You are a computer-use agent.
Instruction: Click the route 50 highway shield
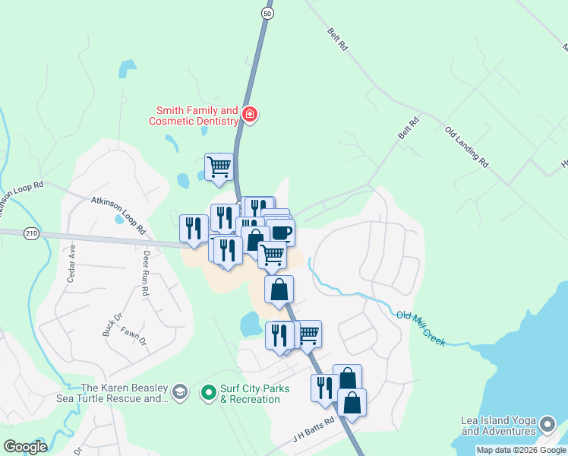(x=266, y=13)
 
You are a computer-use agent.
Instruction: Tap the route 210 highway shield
(x=30, y=233)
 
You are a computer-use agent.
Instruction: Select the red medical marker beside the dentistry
(x=250, y=116)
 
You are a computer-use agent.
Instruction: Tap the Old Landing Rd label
(x=466, y=147)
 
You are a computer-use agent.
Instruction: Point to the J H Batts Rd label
(x=314, y=431)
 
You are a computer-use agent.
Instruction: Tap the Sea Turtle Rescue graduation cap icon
(x=180, y=392)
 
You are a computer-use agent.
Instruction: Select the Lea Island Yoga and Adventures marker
(x=546, y=423)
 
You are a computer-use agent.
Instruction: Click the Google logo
(x=25, y=446)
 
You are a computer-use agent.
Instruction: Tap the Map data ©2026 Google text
(x=520, y=450)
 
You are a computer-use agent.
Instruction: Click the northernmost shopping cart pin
(x=219, y=166)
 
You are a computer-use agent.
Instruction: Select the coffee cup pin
(x=280, y=232)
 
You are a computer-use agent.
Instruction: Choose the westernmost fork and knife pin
(x=194, y=227)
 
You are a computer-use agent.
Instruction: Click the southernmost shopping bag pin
(x=352, y=402)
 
